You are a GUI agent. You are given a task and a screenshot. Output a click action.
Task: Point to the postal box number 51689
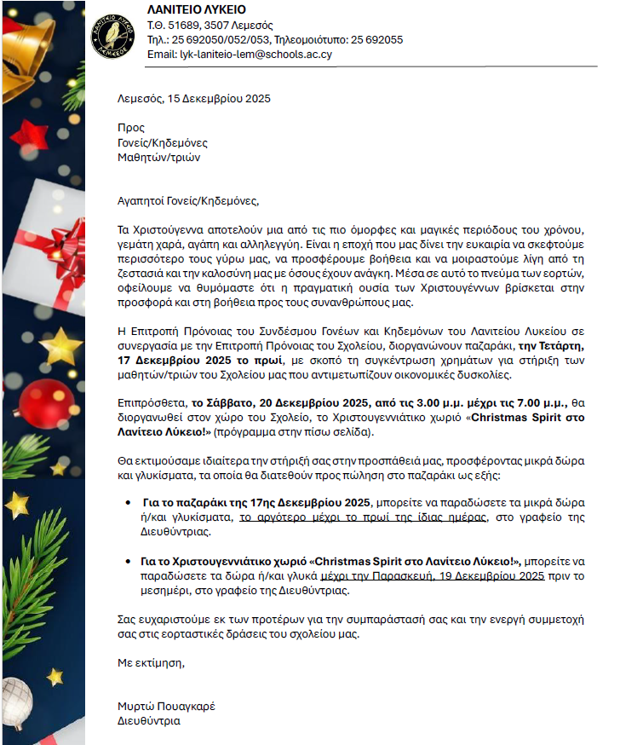(x=183, y=25)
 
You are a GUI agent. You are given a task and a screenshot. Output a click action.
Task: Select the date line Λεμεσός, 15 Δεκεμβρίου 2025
(x=194, y=99)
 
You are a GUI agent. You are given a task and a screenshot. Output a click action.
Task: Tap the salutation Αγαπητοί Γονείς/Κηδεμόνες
(x=187, y=201)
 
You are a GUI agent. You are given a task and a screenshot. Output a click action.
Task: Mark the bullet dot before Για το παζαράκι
(x=129, y=502)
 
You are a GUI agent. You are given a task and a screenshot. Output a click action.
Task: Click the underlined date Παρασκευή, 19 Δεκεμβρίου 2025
(x=484, y=576)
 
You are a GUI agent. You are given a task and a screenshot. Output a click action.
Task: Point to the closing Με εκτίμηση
(x=151, y=661)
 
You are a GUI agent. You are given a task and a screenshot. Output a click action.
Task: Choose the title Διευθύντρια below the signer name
(x=149, y=720)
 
